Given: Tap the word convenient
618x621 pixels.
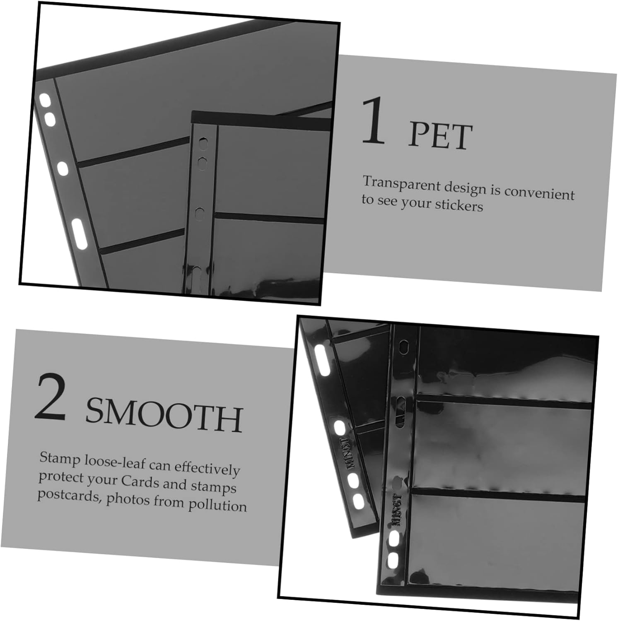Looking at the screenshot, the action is [x=539, y=193].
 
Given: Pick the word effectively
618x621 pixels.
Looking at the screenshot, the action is [x=207, y=469].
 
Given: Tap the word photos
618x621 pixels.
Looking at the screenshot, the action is [x=128, y=500].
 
